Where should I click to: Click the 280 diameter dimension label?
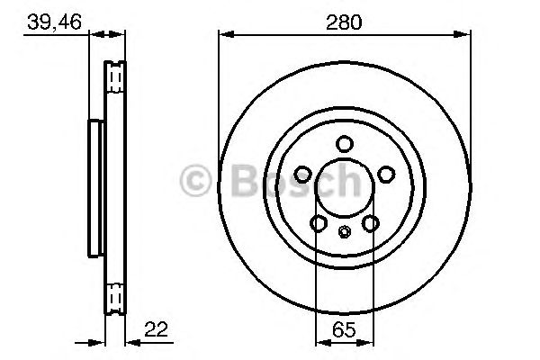click(344, 21)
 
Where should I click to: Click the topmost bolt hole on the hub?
click(345, 144)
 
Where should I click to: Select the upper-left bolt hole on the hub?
click(303, 174)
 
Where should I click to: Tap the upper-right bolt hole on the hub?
click(386, 174)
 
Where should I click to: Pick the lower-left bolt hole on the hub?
click(319, 222)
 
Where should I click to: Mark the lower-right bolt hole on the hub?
click(370, 222)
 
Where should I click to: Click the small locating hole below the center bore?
click(345, 231)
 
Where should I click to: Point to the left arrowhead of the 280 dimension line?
click(225, 35)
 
